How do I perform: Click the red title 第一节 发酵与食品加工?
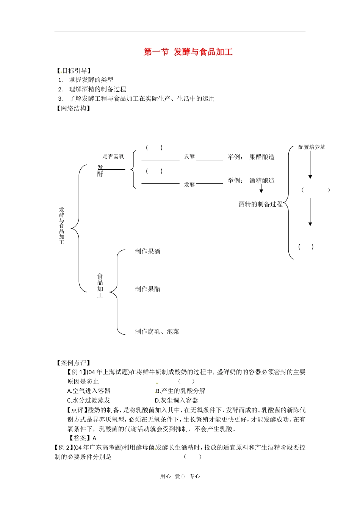click(x=188, y=52)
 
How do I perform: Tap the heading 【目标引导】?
click(x=74, y=71)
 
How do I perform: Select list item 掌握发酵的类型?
click(x=91, y=80)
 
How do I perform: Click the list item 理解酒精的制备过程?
click(x=97, y=89)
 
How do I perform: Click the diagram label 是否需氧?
click(x=113, y=156)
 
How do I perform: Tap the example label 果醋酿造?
click(x=262, y=157)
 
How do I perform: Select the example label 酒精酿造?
click(x=262, y=181)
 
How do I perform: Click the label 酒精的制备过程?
click(x=261, y=205)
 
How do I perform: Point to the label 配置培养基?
click(x=311, y=147)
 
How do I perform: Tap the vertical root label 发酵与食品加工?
click(x=62, y=226)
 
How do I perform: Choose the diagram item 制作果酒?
click(x=147, y=251)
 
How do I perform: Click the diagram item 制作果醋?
click(x=147, y=289)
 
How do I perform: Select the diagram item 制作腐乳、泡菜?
click(x=157, y=332)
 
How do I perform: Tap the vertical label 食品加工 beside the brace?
click(x=100, y=286)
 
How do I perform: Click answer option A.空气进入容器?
click(x=89, y=391)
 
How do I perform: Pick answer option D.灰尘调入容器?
click(x=176, y=401)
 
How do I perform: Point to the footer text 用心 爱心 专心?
click(x=180, y=476)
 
